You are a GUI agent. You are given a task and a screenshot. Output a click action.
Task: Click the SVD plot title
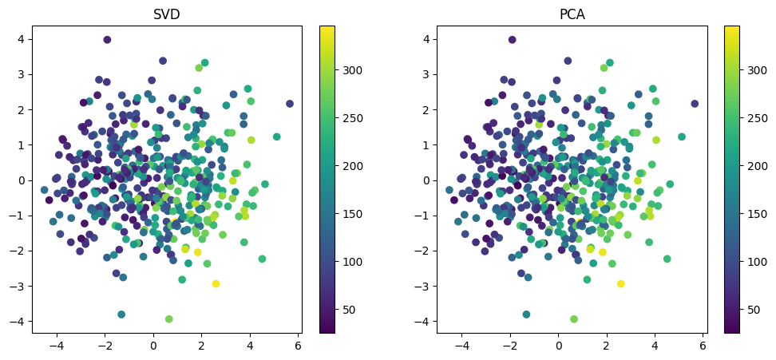click(x=168, y=14)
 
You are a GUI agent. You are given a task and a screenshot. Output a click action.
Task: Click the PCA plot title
click(x=572, y=14)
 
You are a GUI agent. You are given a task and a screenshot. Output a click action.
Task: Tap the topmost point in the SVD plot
click(x=107, y=40)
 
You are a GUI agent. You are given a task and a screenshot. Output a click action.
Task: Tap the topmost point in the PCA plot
click(x=512, y=40)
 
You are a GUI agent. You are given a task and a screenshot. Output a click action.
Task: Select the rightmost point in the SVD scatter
click(x=290, y=104)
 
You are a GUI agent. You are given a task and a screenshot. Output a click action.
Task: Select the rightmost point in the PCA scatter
click(x=695, y=104)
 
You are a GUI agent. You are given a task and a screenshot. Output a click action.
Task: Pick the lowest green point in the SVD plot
click(x=168, y=319)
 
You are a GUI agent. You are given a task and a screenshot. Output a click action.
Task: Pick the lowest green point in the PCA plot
click(x=573, y=319)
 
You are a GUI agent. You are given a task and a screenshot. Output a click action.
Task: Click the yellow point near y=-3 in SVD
click(x=216, y=284)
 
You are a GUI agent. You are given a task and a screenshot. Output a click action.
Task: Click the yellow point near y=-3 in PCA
click(x=620, y=284)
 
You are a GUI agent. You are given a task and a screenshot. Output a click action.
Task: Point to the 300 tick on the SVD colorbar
click(x=336, y=70)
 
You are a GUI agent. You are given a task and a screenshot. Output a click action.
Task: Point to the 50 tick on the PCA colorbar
click(x=741, y=309)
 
